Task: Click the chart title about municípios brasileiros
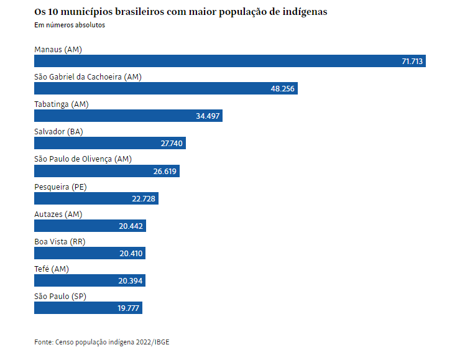(x=180, y=12)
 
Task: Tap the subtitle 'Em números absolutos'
(x=70, y=25)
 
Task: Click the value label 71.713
(x=412, y=62)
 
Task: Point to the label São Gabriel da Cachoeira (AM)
(x=88, y=76)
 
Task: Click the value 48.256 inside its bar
(x=282, y=89)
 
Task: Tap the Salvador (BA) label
(x=58, y=132)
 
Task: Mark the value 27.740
(x=171, y=144)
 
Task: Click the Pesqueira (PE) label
(x=60, y=187)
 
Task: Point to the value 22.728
(x=144, y=198)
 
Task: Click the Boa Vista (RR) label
(x=60, y=241)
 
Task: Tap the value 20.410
(x=131, y=254)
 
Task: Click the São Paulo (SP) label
(x=60, y=296)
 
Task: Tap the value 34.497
(x=208, y=116)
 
